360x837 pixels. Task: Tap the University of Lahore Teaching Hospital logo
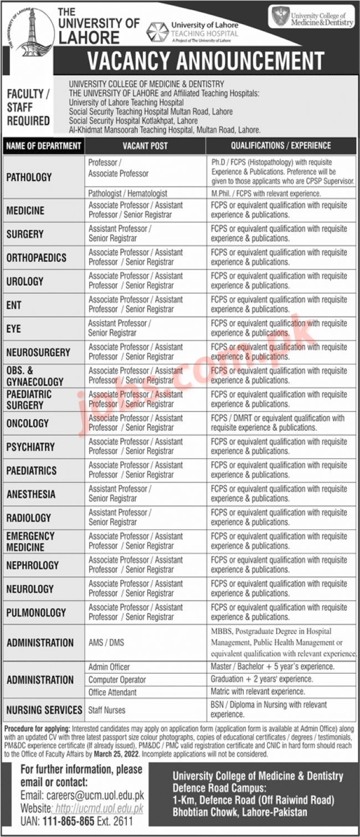point(192,32)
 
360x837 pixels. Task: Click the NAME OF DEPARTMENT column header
point(44,146)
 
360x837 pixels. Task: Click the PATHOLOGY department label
point(29,177)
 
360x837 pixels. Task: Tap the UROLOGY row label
point(25,281)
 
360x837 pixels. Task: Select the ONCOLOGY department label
point(28,423)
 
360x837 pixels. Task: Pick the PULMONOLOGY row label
point(36,612)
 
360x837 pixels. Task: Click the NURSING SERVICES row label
point(44,710)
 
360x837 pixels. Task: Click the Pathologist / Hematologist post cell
point(127,194)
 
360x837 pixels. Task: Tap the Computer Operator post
point(117,679)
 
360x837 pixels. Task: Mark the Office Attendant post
point(112,692)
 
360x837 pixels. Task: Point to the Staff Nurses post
point(107,710)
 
